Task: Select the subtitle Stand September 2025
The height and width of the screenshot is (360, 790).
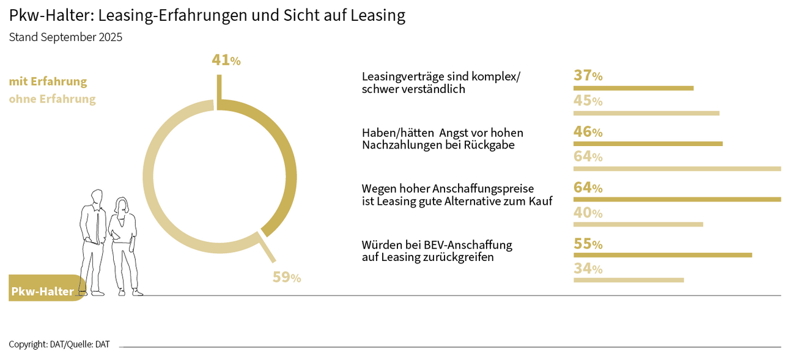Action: point(65,37)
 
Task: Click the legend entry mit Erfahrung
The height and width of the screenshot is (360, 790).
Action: point(48,82)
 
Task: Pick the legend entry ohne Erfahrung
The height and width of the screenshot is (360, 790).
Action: point(52,99)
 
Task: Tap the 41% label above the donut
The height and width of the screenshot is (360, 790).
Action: point(226,60)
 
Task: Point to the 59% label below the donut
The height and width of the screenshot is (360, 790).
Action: point(286,277)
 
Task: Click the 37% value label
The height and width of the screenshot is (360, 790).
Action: point(588,76)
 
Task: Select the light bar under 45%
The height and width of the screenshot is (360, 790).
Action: point(646,113)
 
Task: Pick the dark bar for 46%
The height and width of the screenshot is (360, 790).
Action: point(648,144)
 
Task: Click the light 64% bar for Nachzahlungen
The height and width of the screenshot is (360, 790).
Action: point(677,169)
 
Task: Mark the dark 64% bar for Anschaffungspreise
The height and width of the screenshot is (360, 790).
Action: point(677,199)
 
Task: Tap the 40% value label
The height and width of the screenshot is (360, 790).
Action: point(588,213)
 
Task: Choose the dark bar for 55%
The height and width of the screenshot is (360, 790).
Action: point(662,255)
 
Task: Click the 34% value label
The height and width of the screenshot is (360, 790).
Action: point(588,268)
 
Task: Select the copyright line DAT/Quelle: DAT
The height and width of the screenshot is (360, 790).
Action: point(59,345)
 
